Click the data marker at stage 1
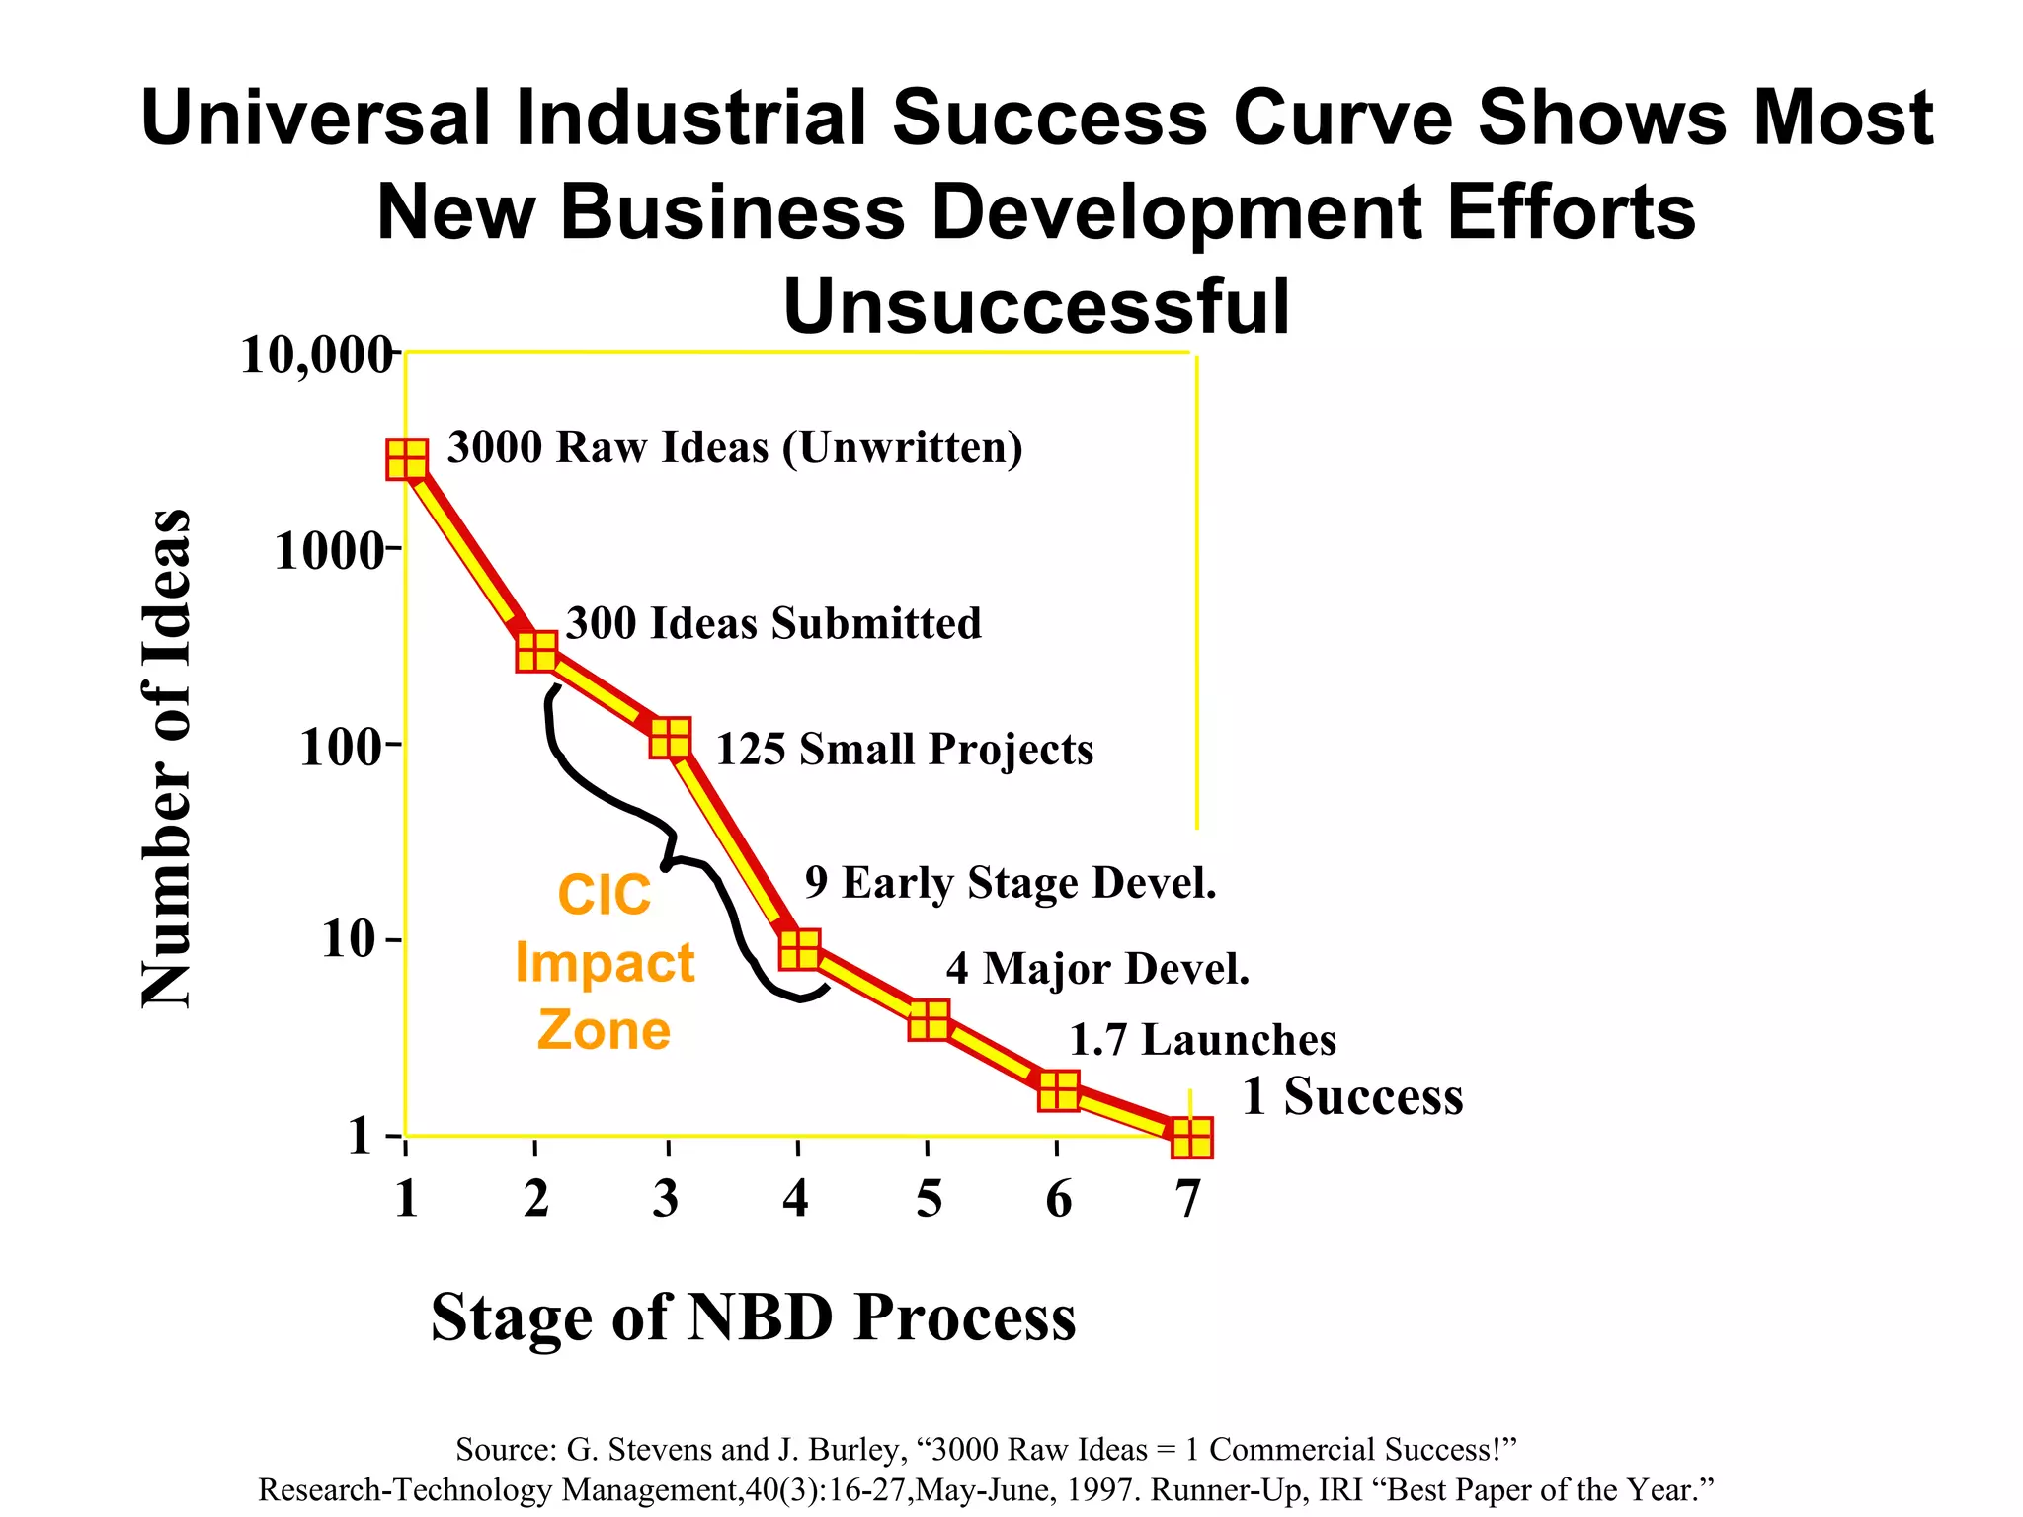[406, 459]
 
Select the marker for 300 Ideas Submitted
[536, 651]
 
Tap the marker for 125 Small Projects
[670, 738]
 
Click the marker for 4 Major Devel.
[929, 1020]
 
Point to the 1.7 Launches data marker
[1058, 1090]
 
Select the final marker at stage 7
[1191, 1138]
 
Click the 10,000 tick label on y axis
[316, 355]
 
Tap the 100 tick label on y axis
[342, 748]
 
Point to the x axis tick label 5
[929, 1198]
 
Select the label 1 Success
[1352, 1096]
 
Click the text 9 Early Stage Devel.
[1010, 882]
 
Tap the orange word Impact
[605, 963]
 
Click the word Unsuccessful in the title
[1036, 306]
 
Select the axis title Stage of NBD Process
[753, 1317]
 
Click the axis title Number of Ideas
[166, 758]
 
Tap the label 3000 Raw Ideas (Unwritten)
[735, 447]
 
